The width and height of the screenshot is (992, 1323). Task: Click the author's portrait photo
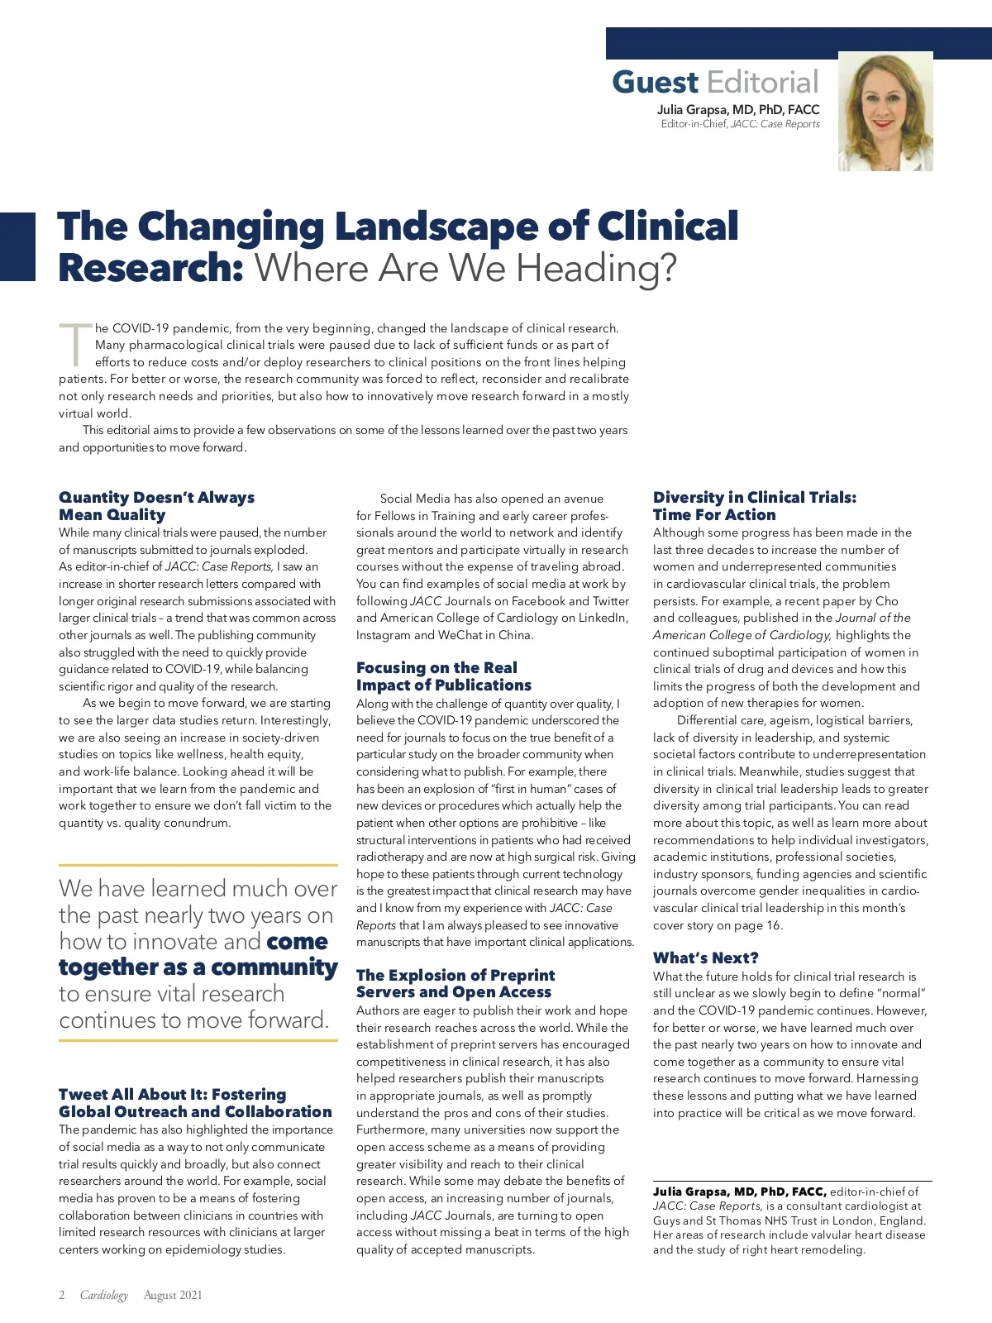(x=885, y=112)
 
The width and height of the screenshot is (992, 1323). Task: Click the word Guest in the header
(x=655, y=83)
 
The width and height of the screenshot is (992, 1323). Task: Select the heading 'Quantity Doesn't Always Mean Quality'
(x=156, y=506)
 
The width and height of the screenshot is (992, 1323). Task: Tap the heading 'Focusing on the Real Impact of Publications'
(x=443, y=676)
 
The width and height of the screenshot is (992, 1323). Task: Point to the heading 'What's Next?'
(x=705, y=958)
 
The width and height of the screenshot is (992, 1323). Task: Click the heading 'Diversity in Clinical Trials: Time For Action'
(x=754, y=506)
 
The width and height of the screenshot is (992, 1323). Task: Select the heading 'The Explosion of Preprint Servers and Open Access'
(x=455, y=983)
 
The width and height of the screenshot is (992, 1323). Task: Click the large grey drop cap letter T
(x=74, y=345)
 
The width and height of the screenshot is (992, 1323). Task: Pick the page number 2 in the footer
(x=62, y=1295)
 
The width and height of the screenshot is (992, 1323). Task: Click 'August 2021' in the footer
(x=173, y=1295)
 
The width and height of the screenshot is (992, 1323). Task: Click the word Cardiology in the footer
(x=104, y=1295)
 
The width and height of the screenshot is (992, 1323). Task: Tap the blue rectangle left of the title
(x=17, y=246)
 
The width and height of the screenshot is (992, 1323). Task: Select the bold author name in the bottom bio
(x=739, y=1192)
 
